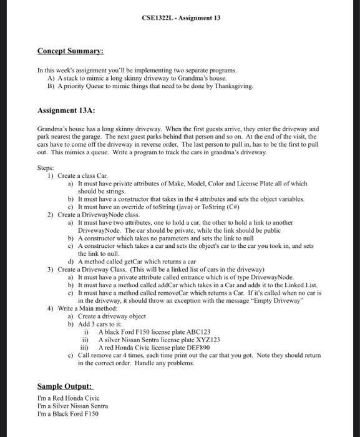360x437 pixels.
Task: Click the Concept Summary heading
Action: [70, 51]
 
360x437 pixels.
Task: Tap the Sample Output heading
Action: [65, 386]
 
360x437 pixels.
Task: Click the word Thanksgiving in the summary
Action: [232, 86]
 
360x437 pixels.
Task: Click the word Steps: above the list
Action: [46, 167]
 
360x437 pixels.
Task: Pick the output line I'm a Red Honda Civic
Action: [68, 398]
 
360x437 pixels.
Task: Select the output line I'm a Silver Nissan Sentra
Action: [72, 406]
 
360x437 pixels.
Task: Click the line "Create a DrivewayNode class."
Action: [95, 214]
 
